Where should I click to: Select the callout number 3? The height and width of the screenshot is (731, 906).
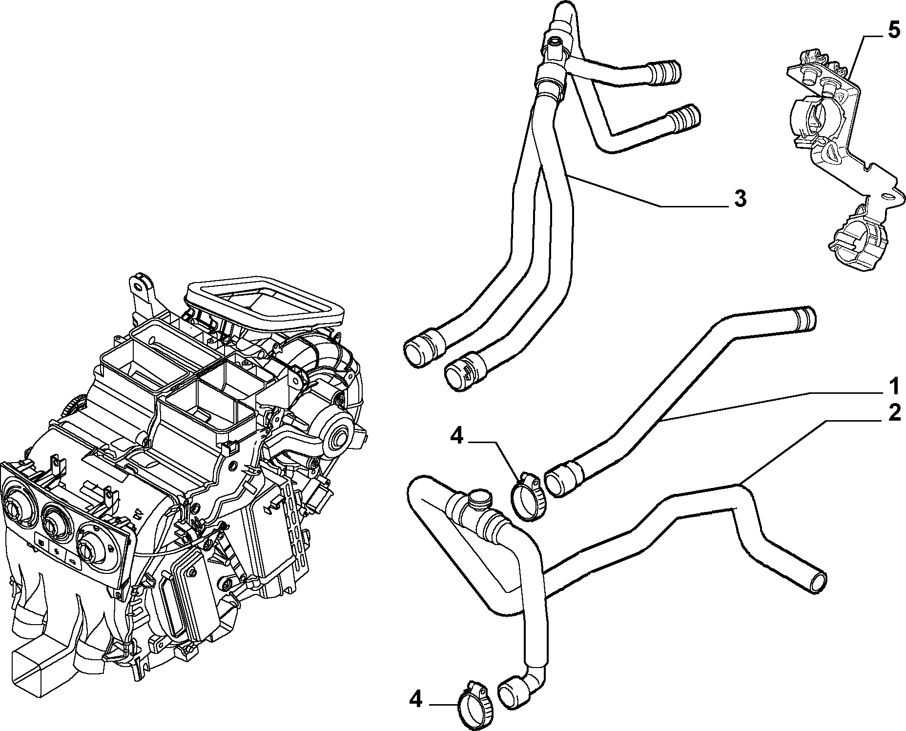[740, 199]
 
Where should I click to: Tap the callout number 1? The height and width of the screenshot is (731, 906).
[893, 386]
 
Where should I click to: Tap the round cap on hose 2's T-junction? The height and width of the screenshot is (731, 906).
[479, 499]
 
